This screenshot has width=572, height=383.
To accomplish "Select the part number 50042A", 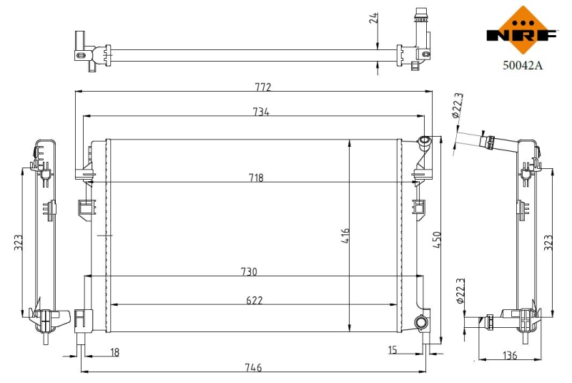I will [523, 65].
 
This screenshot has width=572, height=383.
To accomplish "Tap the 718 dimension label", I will [255, 178].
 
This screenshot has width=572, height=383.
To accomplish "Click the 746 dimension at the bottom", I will [252, 367].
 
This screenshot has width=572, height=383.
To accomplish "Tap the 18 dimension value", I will [115, 352].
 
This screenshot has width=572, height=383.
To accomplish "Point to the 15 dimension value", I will [393, 350].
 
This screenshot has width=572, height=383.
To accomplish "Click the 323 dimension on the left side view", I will [19, 243].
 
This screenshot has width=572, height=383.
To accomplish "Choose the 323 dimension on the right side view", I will [548, 243].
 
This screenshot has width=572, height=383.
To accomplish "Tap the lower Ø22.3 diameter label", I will [460, 293].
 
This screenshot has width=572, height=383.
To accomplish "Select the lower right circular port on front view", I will [422, 322].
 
